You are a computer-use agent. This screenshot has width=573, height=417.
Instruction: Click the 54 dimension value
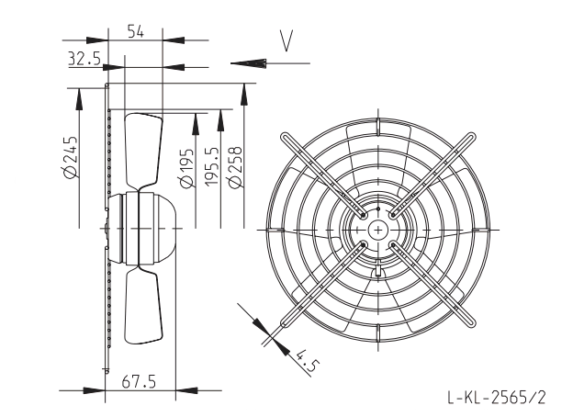136,31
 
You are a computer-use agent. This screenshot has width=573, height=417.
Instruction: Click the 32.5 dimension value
84,58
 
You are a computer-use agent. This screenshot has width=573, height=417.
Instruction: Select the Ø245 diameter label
70,157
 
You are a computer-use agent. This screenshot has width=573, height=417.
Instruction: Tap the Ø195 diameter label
186,168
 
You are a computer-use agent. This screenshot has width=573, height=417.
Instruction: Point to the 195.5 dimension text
211,166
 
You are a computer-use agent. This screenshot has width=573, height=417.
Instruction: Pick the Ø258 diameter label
234,167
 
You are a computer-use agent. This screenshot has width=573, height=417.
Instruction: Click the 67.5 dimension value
139,381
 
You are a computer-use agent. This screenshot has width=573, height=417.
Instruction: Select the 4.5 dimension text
306,360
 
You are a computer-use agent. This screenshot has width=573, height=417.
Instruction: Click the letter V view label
286,41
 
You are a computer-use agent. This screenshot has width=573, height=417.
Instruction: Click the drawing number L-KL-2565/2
497,397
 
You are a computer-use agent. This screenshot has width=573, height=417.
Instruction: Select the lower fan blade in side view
143,305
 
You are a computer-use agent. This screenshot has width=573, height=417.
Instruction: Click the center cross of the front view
378,230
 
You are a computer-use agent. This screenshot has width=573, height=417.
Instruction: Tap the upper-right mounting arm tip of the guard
471,138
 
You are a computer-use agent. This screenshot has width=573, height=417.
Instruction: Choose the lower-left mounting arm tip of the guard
285,322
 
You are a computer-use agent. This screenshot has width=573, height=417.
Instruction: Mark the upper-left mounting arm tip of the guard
285,138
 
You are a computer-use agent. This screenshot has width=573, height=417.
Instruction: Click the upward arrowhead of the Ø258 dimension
243,95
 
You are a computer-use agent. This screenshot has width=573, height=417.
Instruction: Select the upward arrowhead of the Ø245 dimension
79,98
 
